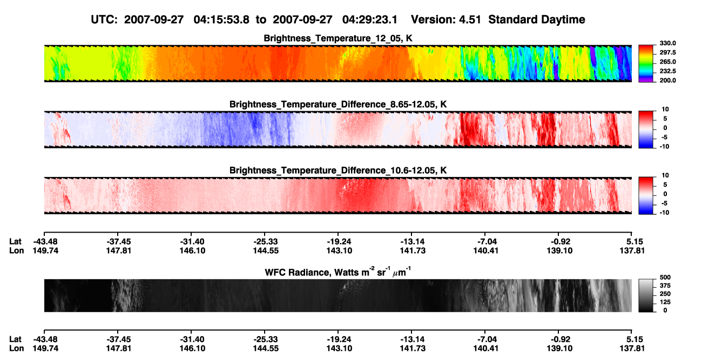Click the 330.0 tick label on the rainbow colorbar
667,43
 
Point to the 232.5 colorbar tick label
667,71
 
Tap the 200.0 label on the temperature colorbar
667,80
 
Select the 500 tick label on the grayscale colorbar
665,277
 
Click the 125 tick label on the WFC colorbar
665,302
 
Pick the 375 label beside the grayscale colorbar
665,286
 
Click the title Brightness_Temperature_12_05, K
338,38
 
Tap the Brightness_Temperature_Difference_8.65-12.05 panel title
338,104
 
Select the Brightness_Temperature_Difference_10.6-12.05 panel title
338,171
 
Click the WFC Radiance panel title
338,272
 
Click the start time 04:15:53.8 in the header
221,20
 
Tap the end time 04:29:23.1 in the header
370,20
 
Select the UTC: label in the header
104,20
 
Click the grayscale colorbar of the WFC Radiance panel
646,295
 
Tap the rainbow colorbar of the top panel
646,64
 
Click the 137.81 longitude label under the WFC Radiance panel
632,349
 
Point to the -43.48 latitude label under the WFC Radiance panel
45,339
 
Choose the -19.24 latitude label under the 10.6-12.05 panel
339,242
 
